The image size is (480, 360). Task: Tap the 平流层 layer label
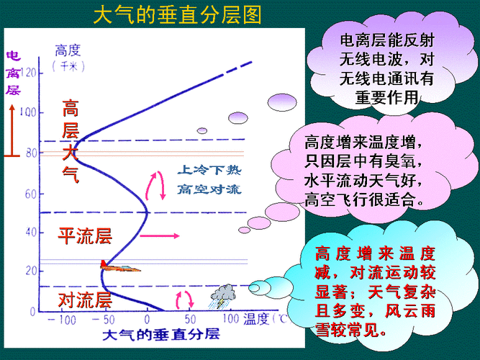pyautogui.click(x=85, y=235)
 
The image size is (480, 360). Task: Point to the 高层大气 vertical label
pyautogui.click(x=71, y=140)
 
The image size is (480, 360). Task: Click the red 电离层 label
pyautogui.click(x=13, y=73)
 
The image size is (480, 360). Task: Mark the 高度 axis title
pyautogui.click(x=70, y=50)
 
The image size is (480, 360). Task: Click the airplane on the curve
pyautogui.click(x=119, y=267)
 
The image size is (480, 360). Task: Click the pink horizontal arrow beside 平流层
pyautogui.click(x=158, y=236)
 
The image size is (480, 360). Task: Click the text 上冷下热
pyautogui.click(x=209, y=172)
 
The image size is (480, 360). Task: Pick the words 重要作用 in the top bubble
pyautogui.click(x=386, y=96)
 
